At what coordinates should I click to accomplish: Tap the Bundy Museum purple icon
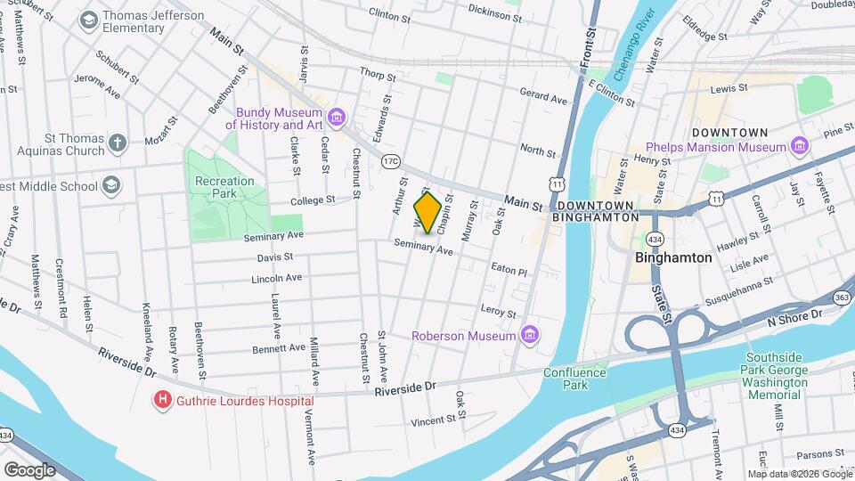pos(336,118)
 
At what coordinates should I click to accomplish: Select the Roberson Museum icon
pos(530,335)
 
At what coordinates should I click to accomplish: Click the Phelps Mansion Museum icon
pos(799,146)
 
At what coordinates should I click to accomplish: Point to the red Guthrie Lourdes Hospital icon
pos(162,401)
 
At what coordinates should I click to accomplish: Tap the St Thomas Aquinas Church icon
pos(117,143)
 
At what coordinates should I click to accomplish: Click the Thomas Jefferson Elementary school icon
pos(88,20)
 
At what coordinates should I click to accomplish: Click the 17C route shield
pos(390,161)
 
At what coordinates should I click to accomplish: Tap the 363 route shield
pos(843,297)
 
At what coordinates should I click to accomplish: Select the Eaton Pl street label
pos(509,269)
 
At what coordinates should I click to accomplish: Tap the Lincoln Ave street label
pos(276,278)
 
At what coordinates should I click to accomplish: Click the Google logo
pos(29,469)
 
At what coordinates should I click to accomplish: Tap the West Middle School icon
pos(111,185)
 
